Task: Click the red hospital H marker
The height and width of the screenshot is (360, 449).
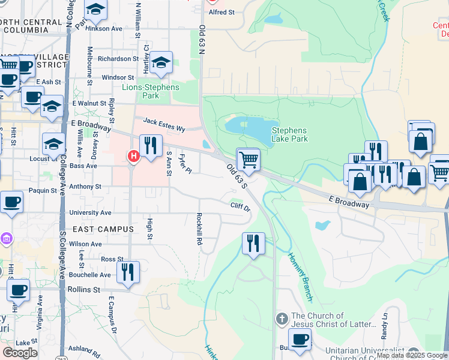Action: tap(133, 157)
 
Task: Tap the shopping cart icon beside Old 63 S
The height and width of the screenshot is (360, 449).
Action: tap(248, 160)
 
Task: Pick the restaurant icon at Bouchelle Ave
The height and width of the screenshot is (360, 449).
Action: tap(128, 272)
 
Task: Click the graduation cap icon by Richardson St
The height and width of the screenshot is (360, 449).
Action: tap(160, 64)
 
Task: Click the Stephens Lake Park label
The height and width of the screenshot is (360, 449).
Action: tap(289, 134)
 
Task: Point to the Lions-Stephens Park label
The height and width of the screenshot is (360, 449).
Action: tap(151, 91)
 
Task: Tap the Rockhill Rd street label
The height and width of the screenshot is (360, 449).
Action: tap(199, 229)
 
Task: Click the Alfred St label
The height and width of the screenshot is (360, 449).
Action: tap(220, 11)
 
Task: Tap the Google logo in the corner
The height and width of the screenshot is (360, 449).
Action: tap(20, 353)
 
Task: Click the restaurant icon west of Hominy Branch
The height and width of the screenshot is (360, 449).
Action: tap(253, 243)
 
